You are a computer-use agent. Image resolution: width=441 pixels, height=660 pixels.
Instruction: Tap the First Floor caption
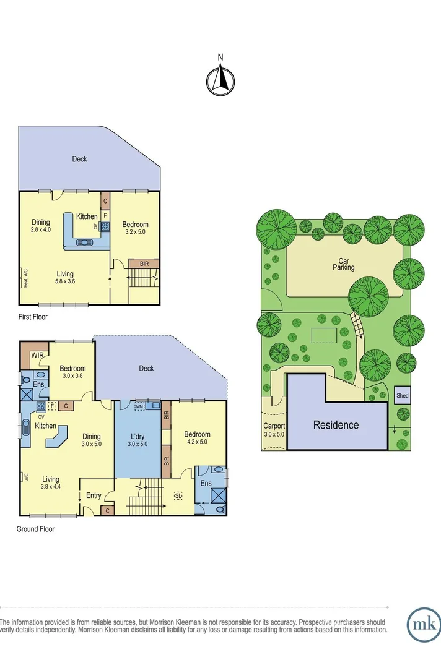[x=33, y=317]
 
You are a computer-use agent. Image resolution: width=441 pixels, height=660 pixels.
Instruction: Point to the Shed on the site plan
[x=403, y=395]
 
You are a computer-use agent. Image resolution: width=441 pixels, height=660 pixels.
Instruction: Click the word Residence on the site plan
[x=335, y=425]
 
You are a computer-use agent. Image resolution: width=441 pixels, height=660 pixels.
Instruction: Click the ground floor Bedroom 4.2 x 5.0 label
[x=197, y=439]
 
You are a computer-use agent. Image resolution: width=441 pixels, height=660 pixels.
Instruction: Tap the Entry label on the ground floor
[x=94, y=495]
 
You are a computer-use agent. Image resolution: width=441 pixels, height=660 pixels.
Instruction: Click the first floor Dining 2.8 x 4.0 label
[x=41, y=226]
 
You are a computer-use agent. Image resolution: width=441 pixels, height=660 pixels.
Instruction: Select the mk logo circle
[x=424, y=626]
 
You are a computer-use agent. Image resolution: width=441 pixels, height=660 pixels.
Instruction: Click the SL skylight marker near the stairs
[x=178, y=495]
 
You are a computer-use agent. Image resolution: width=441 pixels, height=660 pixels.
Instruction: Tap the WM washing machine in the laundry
[x=138, y=406]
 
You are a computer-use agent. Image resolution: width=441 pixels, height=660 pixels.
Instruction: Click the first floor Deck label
[x=79, y=159]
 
